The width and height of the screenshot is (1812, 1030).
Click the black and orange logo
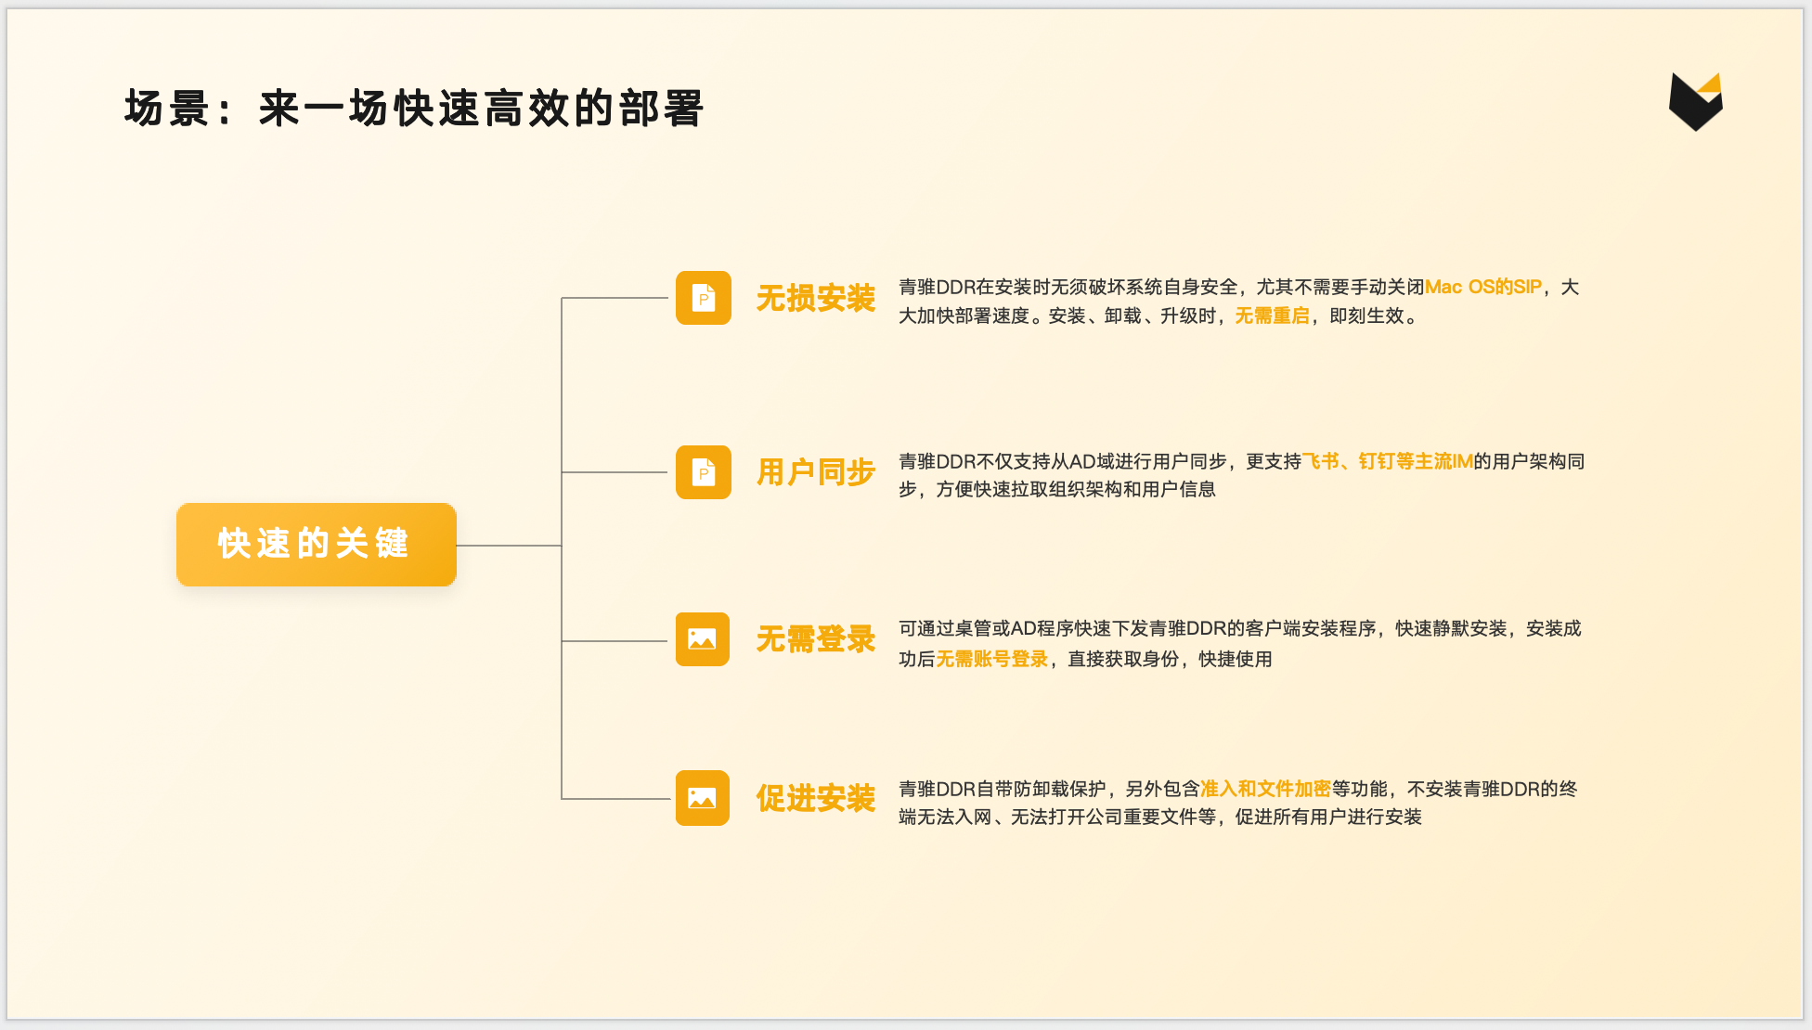[1695, 101]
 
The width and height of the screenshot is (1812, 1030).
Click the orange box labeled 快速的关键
[316, 544]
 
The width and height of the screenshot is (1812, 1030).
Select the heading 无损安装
[815, 299]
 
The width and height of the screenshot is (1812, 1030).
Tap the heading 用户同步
[815, 472]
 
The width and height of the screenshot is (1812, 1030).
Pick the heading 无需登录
[815, 639]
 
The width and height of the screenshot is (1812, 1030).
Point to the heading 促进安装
[815, 798]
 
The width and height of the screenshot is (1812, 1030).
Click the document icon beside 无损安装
[703, 298]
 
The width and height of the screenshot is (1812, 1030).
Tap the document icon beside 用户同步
[703, 472]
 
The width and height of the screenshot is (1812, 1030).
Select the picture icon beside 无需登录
[702, 639]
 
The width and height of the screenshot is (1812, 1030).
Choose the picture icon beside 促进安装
[702, 798]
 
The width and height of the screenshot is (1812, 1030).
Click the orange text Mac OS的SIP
[1482, 288]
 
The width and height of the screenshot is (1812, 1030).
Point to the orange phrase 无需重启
[1272, 316]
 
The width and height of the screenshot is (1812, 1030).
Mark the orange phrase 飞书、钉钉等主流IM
[1387, 461]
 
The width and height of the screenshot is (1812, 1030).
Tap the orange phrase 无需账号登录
[991, 659]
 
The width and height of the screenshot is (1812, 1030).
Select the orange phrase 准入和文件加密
[1265, 789]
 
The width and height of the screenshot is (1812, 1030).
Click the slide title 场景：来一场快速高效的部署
[414, 109]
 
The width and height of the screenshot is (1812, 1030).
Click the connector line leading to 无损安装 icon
[615, 298]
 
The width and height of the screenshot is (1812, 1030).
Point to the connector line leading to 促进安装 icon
[615, 798]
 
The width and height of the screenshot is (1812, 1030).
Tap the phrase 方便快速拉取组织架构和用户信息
[1076, 490]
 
